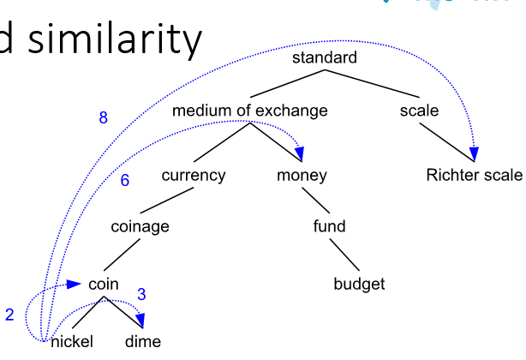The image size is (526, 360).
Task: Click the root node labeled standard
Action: click(325, 57)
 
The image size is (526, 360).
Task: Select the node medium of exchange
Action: click(250, 111)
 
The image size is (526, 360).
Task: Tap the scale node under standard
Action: click(419, 111)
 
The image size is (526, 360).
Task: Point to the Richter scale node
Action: click(474, 175)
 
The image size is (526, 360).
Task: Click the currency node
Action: click(194, 176)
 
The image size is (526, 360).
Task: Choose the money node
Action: click(302, 176)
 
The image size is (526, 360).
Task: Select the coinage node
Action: click(140, 226)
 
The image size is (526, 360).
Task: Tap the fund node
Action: click(330, 226)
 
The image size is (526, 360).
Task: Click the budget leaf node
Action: click(359, 284)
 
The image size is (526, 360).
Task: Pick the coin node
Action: click(104, 285)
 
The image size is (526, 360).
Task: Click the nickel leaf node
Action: click(72, 341)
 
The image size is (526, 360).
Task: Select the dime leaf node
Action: click(143, 341)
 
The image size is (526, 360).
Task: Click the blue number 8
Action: click(104, 117)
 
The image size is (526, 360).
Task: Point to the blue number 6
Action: click(125, 180)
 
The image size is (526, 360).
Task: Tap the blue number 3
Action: click(141, 294)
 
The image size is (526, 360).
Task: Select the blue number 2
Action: click(9, 315)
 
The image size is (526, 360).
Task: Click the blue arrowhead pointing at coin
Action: click(74, 285)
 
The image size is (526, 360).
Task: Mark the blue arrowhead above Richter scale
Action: click(474, 154)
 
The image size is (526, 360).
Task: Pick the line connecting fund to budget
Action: click(344, 255)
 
